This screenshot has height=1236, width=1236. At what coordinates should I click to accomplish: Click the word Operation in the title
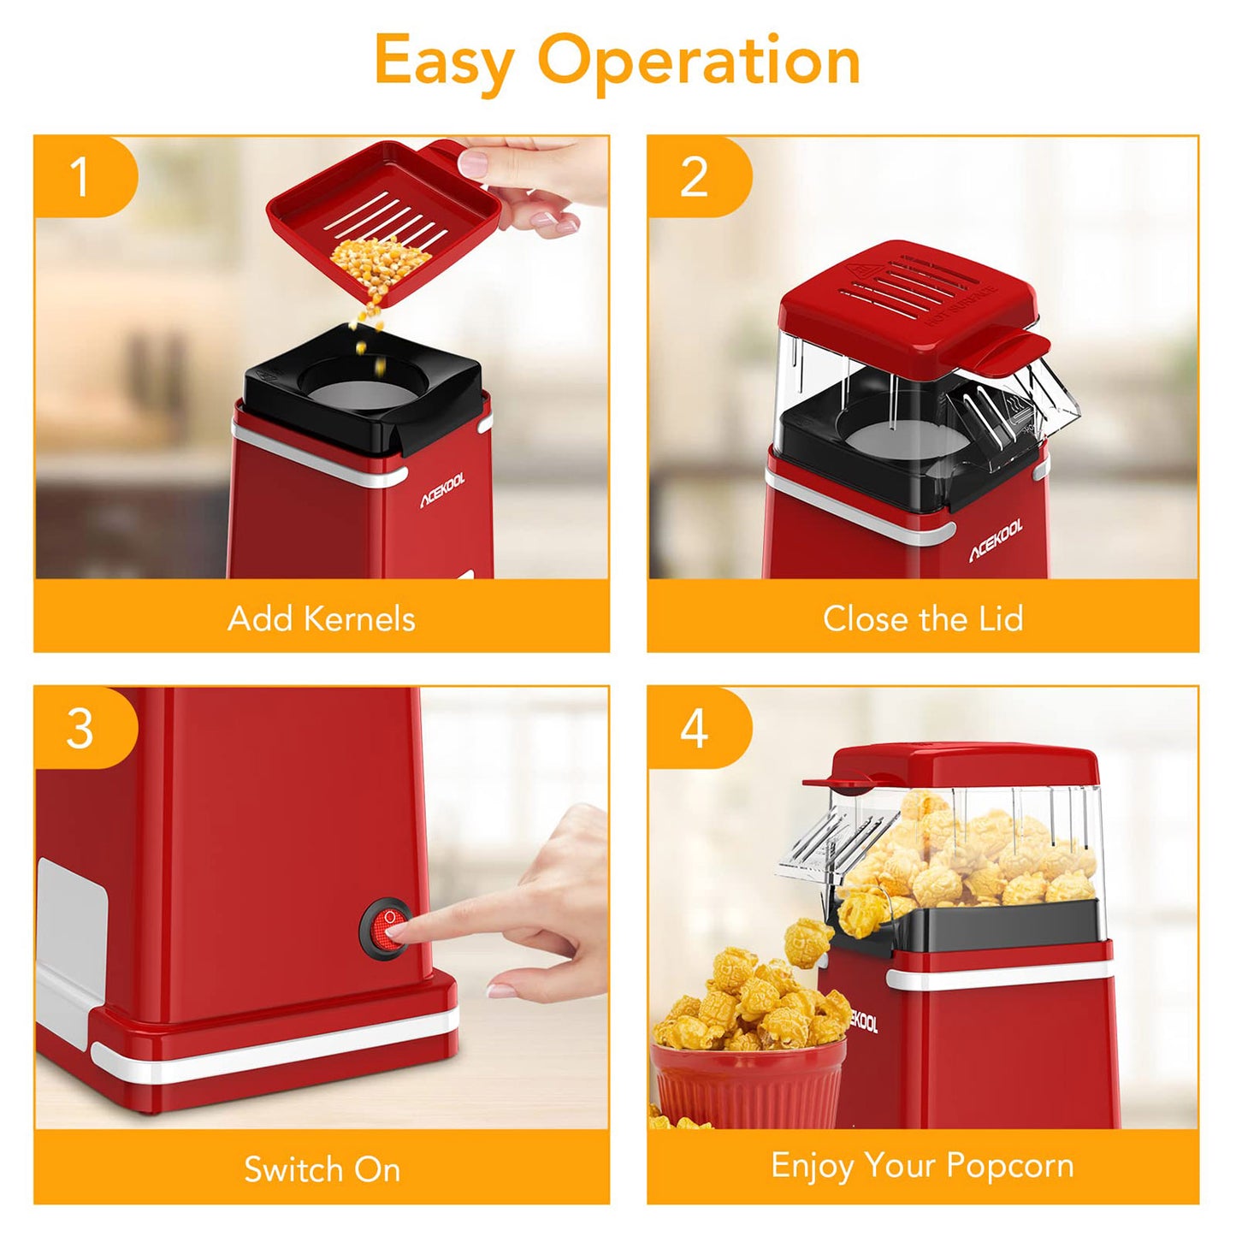tap(698, 62)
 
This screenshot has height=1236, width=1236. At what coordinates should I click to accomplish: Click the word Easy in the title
tap(443, 62)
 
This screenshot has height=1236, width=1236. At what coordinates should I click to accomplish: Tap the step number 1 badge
tap(80, 176)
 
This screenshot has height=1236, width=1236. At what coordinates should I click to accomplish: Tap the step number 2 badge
tap(694, 176)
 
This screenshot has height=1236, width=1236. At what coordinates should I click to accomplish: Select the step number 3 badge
tap(80, 729)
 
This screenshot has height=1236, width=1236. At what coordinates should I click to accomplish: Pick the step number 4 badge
tap(694, 729)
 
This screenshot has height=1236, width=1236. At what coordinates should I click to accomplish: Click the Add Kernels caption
tap(322, 618)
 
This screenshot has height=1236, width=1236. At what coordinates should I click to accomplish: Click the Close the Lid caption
tap(923, 618)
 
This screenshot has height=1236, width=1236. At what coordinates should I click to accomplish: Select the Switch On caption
tap(322, 1169)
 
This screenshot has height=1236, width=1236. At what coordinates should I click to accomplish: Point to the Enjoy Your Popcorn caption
tap(922, 1166)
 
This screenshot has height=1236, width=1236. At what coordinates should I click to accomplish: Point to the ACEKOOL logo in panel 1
tap(442, 490)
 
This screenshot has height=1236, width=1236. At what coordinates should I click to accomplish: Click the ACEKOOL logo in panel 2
tap(996, 541)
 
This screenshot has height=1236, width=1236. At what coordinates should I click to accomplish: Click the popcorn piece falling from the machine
tap(808, 941)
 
